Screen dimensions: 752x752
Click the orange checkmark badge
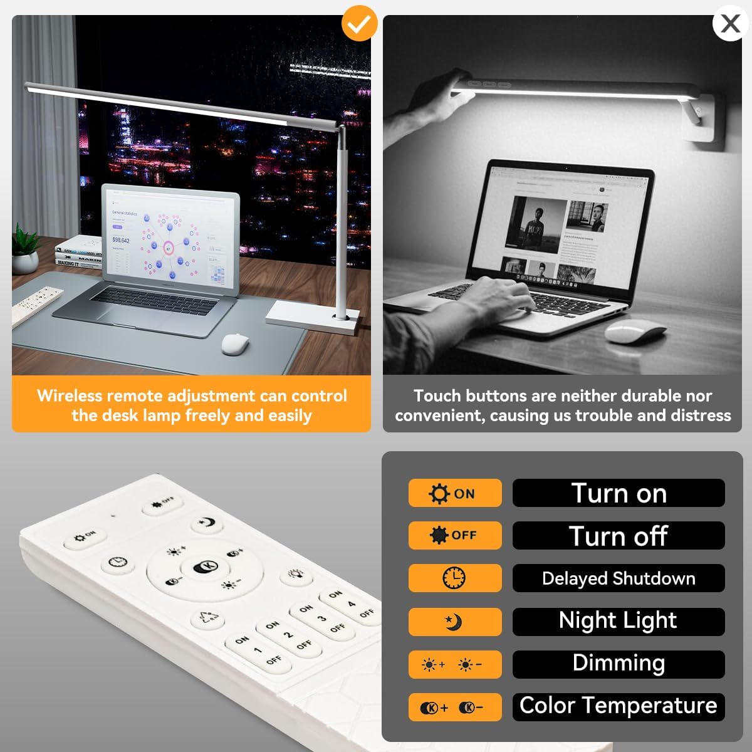359,23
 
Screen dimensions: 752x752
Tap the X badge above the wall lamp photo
730,24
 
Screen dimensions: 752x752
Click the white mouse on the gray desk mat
236,343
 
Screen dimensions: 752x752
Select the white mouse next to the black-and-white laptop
635,331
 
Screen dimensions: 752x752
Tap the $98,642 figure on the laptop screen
121,240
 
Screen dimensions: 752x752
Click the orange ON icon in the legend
455,493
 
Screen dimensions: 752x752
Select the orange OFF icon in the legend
455,535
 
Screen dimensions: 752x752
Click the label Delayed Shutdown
619,578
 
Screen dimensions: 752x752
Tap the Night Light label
619,620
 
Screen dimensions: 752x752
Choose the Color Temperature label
619,706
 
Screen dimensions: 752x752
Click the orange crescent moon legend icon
454,622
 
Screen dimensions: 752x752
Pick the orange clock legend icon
454,578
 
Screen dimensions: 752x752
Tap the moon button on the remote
207,523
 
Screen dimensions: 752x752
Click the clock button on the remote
117,562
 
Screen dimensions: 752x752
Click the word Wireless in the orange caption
69,396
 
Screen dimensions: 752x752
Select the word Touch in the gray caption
438,396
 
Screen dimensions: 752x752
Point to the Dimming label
619,663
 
